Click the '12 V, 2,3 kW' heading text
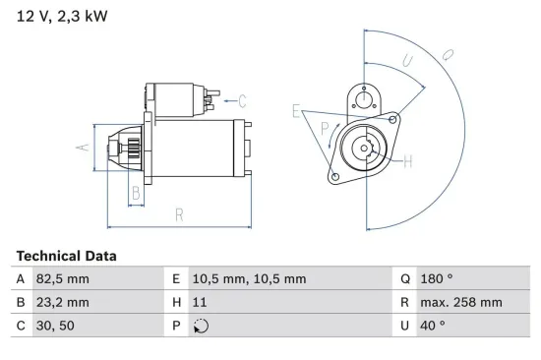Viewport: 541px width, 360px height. click(60, 18)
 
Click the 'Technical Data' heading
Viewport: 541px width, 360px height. click(66, 256)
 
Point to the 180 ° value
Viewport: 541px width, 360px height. click(437, 279)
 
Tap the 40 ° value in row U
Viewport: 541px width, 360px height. click(433, 327)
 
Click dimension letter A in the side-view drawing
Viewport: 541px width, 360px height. click(84, 148)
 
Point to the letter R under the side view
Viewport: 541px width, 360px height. click(179, 215)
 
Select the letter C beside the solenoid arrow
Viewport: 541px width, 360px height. click(242, 100)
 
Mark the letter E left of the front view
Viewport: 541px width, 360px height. click(295, 111)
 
